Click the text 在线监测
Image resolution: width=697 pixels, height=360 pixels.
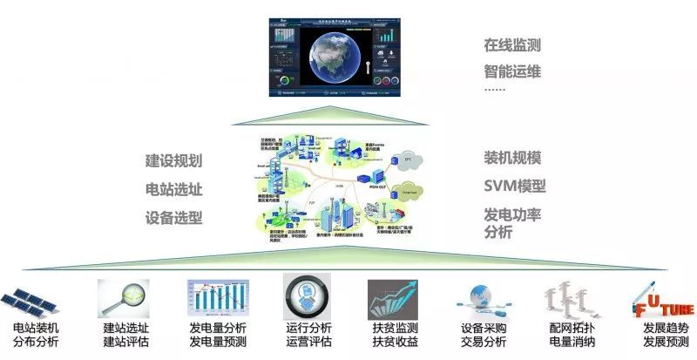click(512, 44)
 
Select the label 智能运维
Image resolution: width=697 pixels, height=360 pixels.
click(512, 71)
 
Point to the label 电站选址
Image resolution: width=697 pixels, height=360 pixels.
click(173, 188)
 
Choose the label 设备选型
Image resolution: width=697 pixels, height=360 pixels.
click(173, 216)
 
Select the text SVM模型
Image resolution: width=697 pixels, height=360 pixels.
click(514, 186)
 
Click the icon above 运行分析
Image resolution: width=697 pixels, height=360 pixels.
click(308, 299)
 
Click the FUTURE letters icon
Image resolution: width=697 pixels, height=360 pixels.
click(662, 302)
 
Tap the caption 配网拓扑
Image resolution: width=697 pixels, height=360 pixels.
click(571, 329)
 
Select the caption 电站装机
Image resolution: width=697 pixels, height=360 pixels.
click(36, 329)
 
